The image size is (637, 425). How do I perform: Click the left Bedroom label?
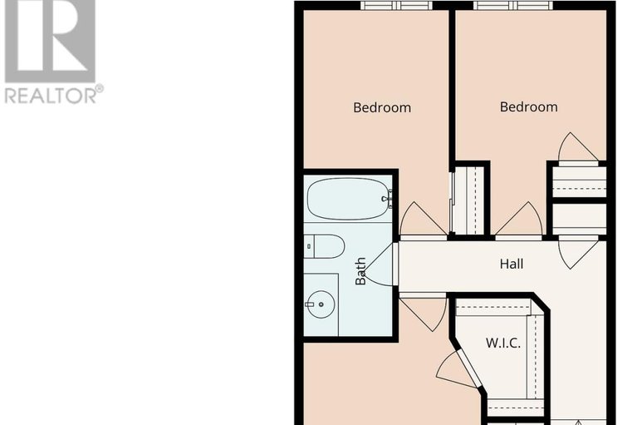(x=382, y=107)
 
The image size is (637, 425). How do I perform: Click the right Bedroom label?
(x=528, y=106)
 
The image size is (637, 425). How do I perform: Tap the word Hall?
(x=512, y=264)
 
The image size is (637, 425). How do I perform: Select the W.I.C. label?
(x=503, y=343)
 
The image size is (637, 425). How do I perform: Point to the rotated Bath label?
(x=361, y=271)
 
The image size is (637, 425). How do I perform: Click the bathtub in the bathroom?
(x=348, y=200)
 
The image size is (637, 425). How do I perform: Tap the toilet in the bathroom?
(x=325, y=246)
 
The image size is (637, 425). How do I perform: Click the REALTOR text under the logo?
(x=51, y=94)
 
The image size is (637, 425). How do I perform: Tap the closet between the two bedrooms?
(x=468, y=200)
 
